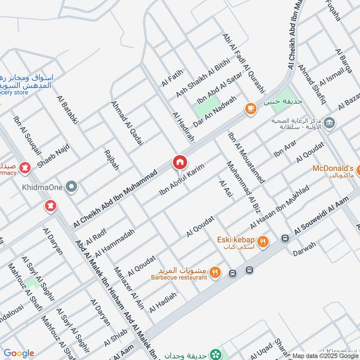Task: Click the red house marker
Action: pyautogui.click(x=179, y=162)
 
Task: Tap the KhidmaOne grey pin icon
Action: pyautogui.click(x=71, y=186)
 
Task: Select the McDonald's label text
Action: pyautogui.click(x=333, y=168)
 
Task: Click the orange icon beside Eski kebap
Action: pyautogui.click(x=263, y=242)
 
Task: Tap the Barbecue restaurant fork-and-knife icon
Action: pyautogui.click(x=216, y=272)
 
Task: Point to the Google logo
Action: pyautogui.click(x=18, y=353)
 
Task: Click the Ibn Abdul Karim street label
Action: pyautogui.click(x=182, y=180)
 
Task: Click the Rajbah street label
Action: pyautogui.click(x=112, y=160)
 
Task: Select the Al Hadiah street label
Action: pyautogui.click(x=163, y=302)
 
